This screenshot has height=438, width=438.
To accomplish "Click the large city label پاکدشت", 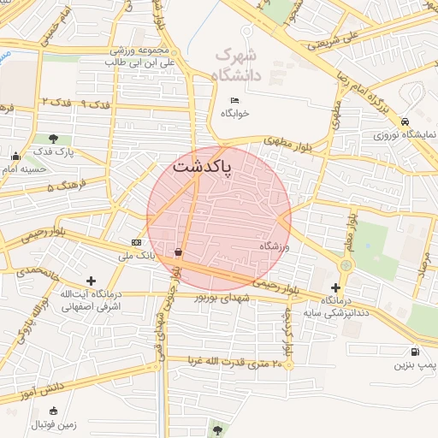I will coord(203,166).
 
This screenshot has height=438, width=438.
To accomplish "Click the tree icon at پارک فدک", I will coord(54,138).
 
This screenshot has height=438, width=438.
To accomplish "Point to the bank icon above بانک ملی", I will coord(136,243).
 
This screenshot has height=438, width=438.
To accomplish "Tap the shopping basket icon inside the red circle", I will coord(178,252).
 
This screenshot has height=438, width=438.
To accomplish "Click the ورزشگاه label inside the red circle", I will coord(276,246).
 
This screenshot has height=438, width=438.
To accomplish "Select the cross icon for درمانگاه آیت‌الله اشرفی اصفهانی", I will coord(92,281).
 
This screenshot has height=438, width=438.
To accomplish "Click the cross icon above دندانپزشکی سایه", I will coord(335,288).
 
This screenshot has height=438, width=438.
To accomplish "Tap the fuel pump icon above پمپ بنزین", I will coord(416,351).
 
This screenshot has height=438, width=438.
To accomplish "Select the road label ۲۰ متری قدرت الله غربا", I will coord(230,363).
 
